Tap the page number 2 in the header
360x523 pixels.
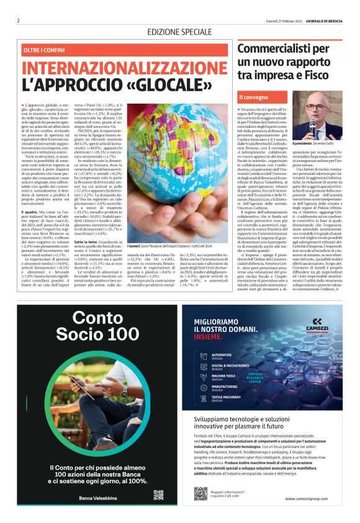coord(19,20)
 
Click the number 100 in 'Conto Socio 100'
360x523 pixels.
coord(119,335)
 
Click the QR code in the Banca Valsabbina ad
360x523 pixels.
coord(158,494)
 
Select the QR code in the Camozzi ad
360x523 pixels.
coord(200,493)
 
